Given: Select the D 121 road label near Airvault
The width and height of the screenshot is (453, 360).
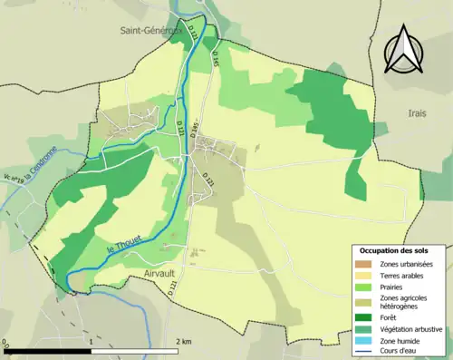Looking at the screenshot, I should (172, 288).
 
